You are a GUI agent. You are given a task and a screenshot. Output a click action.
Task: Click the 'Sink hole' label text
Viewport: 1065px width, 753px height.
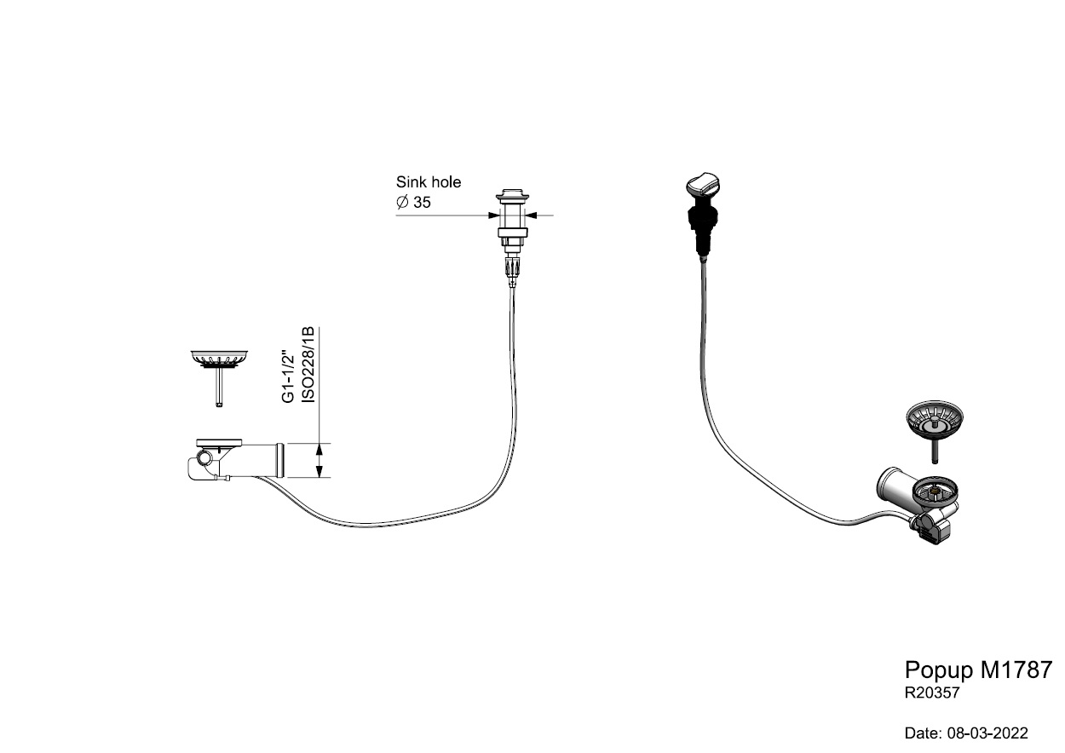(x=428, y=181)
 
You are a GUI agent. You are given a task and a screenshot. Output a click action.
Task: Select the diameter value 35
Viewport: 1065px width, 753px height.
(x=422, y=203)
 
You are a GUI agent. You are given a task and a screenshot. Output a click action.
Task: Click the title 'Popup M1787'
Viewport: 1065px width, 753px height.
(x=978, y=670)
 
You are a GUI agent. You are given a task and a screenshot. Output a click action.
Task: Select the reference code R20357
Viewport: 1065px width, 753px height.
(x=932, y=693)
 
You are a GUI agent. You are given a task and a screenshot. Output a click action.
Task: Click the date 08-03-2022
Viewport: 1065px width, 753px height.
(x=965, y=733)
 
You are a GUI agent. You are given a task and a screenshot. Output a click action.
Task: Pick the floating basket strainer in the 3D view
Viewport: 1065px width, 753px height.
(x=936, y=420)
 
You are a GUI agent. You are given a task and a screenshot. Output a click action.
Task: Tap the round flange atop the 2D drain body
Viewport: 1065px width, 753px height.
(x=220, y=442)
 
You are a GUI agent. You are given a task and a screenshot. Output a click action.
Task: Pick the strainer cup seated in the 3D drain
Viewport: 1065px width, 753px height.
(x=935, y=491)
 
